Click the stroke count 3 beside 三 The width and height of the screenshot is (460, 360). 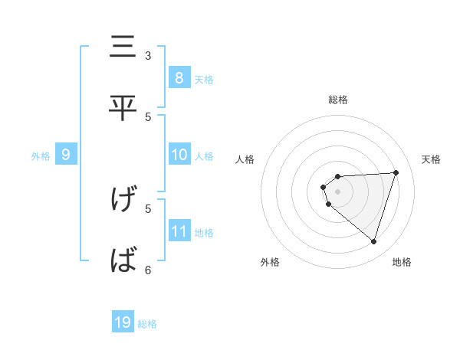pos(148,55)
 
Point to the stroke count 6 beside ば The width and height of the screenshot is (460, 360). pos(148,269)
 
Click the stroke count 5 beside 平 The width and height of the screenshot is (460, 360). pos(148,116)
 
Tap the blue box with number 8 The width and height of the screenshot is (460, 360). pos(179,77)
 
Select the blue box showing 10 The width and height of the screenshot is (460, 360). pos(179,155)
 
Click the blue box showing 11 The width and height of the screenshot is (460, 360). pos(179,231)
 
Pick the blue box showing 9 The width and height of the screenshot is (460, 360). pos(66,155)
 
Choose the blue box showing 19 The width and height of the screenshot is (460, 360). pos(123,322)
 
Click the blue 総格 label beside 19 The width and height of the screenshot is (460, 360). pos(147,324)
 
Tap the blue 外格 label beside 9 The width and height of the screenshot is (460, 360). pos(41,156)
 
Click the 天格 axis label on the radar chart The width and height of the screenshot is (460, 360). pos(431,159)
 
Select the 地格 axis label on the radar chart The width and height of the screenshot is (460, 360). pos(402,262)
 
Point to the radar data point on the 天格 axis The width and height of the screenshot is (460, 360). pos(396,172)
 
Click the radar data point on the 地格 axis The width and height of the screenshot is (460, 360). pos(373,241)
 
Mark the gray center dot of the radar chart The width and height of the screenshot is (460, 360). pos(337,191)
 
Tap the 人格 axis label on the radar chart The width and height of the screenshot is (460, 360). pos(245,159)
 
